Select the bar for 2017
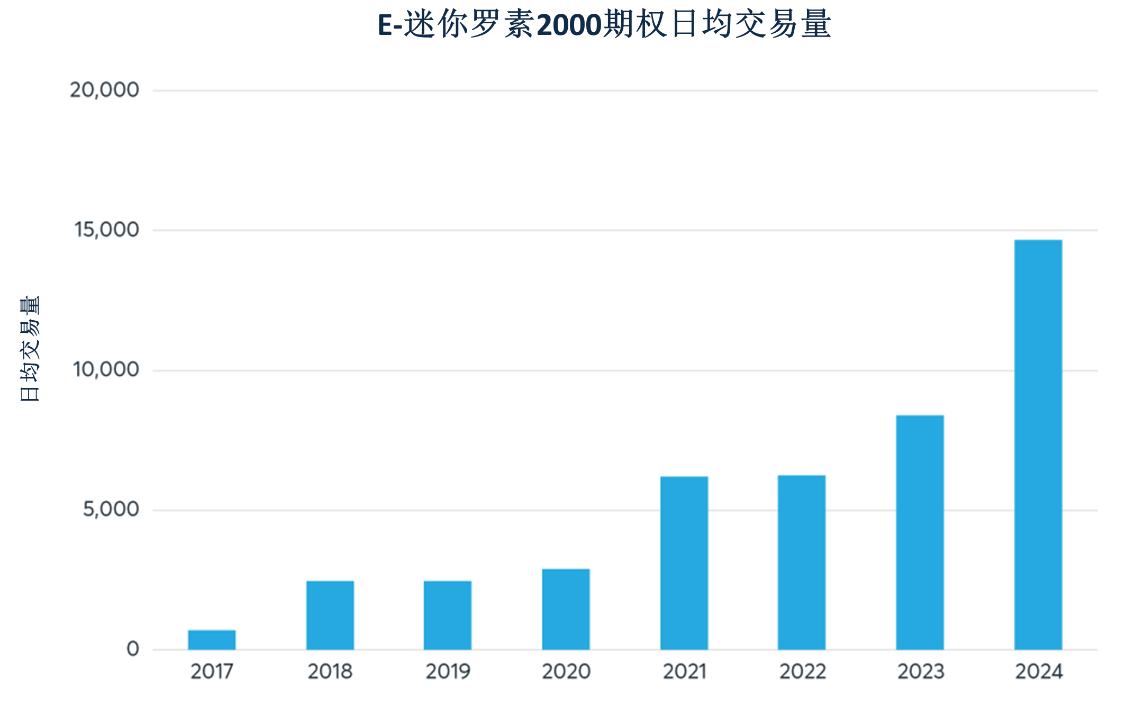click(x=212, y=639)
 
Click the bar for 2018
click(x=330, y=615)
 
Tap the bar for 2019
click(x=448, y=615)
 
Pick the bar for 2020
click(x=566, y=609)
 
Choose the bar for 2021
click(x=684, y=563)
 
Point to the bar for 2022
click(x=802, y=562)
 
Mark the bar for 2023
click(x=920, y=532)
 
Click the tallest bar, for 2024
click(x=1038, y=445)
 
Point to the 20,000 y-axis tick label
click(x=104, y=90)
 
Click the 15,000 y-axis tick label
click(x=106, y=230)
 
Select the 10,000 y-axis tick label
click(x=106, y=369)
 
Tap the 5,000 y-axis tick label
click(x=111, y=509)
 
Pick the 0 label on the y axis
click(x=133, y=649)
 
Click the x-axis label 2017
click(x=212, y=672)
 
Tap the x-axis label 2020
click(x=566, y=672)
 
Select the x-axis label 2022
click(x=802, y=672)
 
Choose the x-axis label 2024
click(x=1039, y=672)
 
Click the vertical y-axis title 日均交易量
click(x=30, y=349)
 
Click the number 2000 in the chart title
click(x=569, y=25)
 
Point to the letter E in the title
click(x=385, y=25)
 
